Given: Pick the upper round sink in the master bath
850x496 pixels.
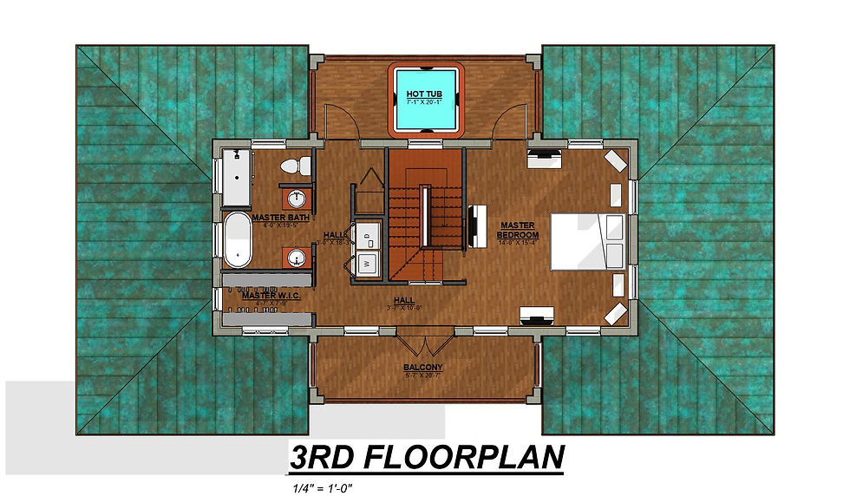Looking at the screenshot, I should point(297,197).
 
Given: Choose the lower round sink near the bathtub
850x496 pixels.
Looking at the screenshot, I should point(297,258).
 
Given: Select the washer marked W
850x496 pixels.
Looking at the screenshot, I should point(368,261).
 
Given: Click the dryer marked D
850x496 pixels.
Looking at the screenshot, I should point(368,232).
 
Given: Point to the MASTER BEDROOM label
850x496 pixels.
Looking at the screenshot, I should point(518,231).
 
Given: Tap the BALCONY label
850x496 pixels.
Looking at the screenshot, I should point(422,368).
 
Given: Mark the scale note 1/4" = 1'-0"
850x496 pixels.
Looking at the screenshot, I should point(324,487).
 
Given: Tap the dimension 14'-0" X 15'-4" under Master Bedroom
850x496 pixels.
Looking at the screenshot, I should point(518,243).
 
